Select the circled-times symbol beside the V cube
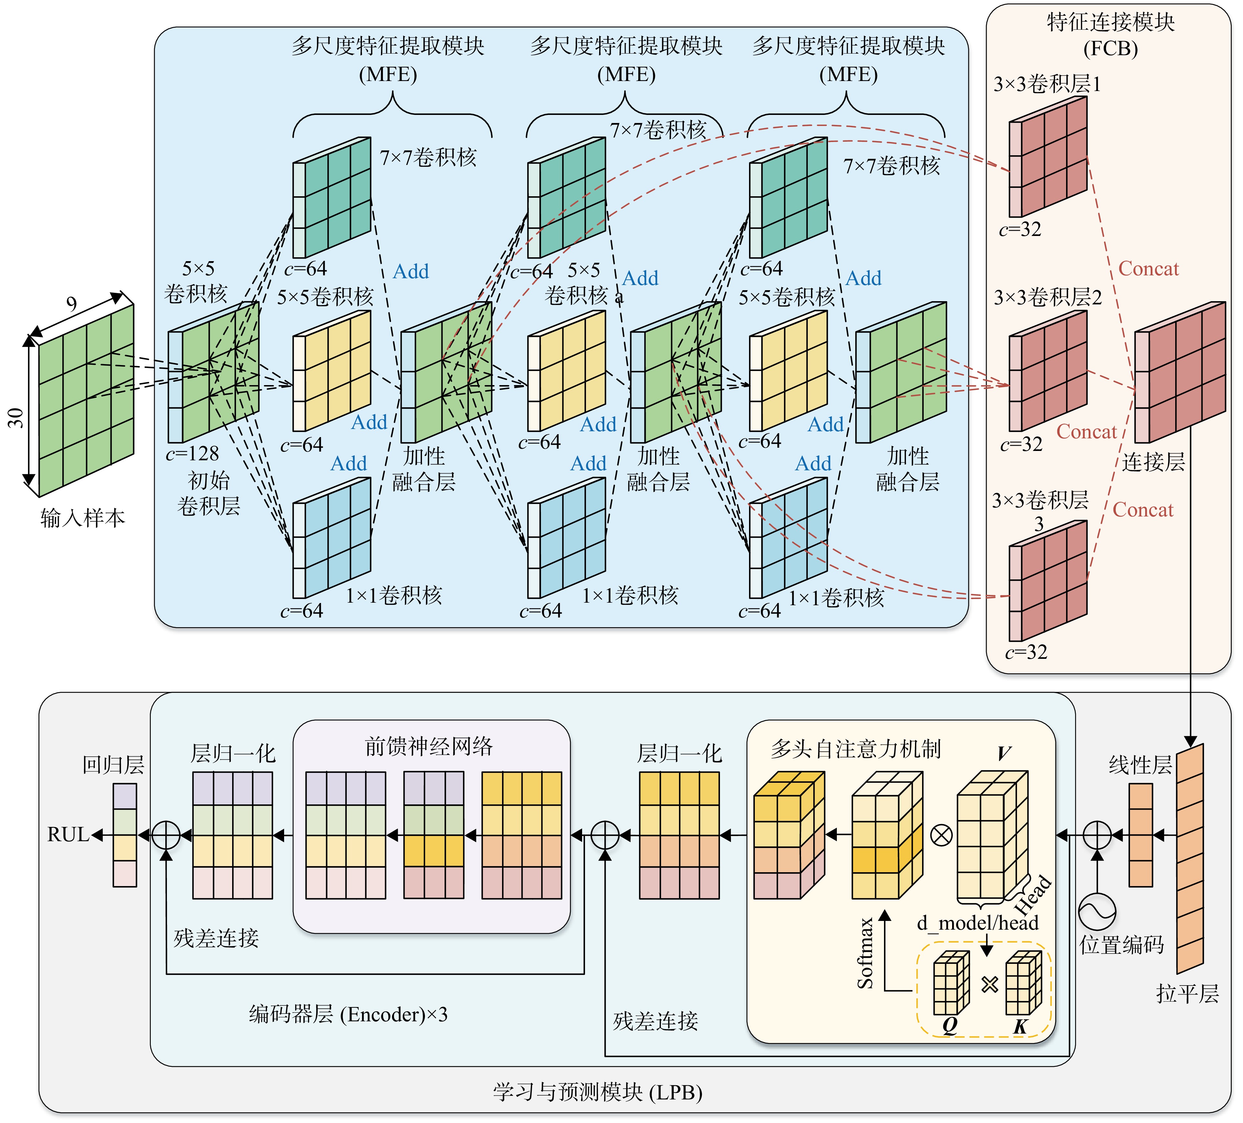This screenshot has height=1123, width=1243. point(941,836)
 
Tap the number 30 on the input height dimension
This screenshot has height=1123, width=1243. point(15,418)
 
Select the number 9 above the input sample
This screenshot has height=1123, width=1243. point(72,304)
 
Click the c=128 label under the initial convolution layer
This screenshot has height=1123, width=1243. point(192,454)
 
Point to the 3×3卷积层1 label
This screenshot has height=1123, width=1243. point(1047,84)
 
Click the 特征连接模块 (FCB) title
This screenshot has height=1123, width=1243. point(1110,35)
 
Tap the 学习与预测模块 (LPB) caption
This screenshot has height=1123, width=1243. point(598,1092)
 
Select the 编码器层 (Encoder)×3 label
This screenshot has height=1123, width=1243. point(348,1014)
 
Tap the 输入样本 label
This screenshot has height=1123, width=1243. point(83,518)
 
